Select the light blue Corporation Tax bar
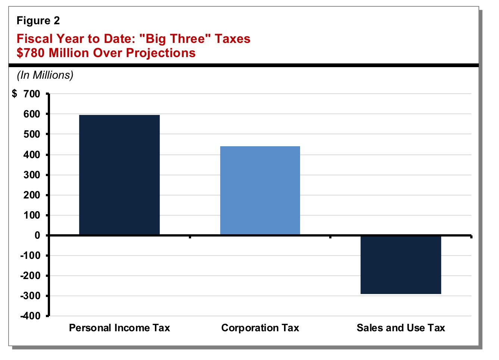pyautogui.click(x=260, y=190)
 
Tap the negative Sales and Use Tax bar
pyautogui.click(x=400, y=265)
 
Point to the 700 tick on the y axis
pyautogui.click(x=32, y=94)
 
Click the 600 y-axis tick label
pyautogui.click(x=32, y=114)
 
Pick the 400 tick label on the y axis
pyautogui.click(x=32, y=155)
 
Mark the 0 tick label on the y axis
pyautogui.click(x=37, y=235)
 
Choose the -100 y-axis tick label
pyautogui.click(x=30, y=256)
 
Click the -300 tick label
pyautogui.click(x=30, y=296)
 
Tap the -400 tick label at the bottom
pyautogui.click(x=30, y=316)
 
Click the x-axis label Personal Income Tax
pyautogui.click(x=119, y=328)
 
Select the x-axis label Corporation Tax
pyautogui.click(x=260, y=328)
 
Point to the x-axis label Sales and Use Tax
pyautogui.click(x=400, y=328)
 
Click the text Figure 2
pyautogui.click(x=38, y=21)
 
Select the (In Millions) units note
pyautogui.click(x=45, y=75)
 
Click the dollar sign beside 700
pyautogui.click(x=15, y=94)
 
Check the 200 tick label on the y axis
pyautogui.click(x=32, y=195)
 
